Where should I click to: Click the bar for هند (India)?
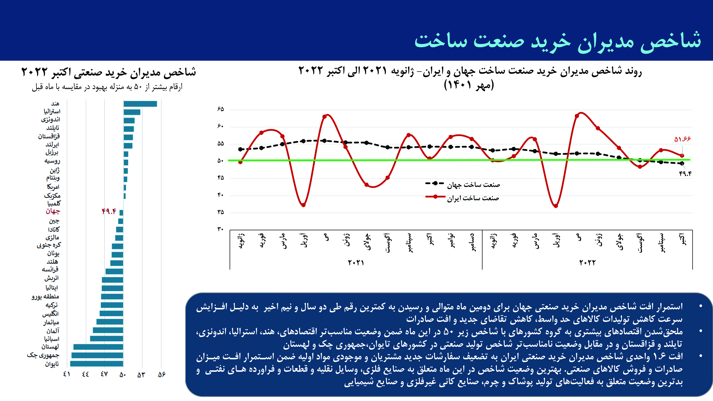140,104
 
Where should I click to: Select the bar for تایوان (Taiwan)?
97,364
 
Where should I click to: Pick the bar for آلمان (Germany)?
108,330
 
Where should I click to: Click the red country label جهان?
53,211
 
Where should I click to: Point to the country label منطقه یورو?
45,296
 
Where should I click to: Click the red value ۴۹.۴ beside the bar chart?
109,211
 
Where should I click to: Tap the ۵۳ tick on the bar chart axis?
141,374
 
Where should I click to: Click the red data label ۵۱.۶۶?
682,139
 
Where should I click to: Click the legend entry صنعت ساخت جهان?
463,184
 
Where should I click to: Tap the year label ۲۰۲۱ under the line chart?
356,263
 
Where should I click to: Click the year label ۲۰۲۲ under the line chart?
587,263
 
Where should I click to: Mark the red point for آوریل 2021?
303,205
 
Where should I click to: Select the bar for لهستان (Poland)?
98,347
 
